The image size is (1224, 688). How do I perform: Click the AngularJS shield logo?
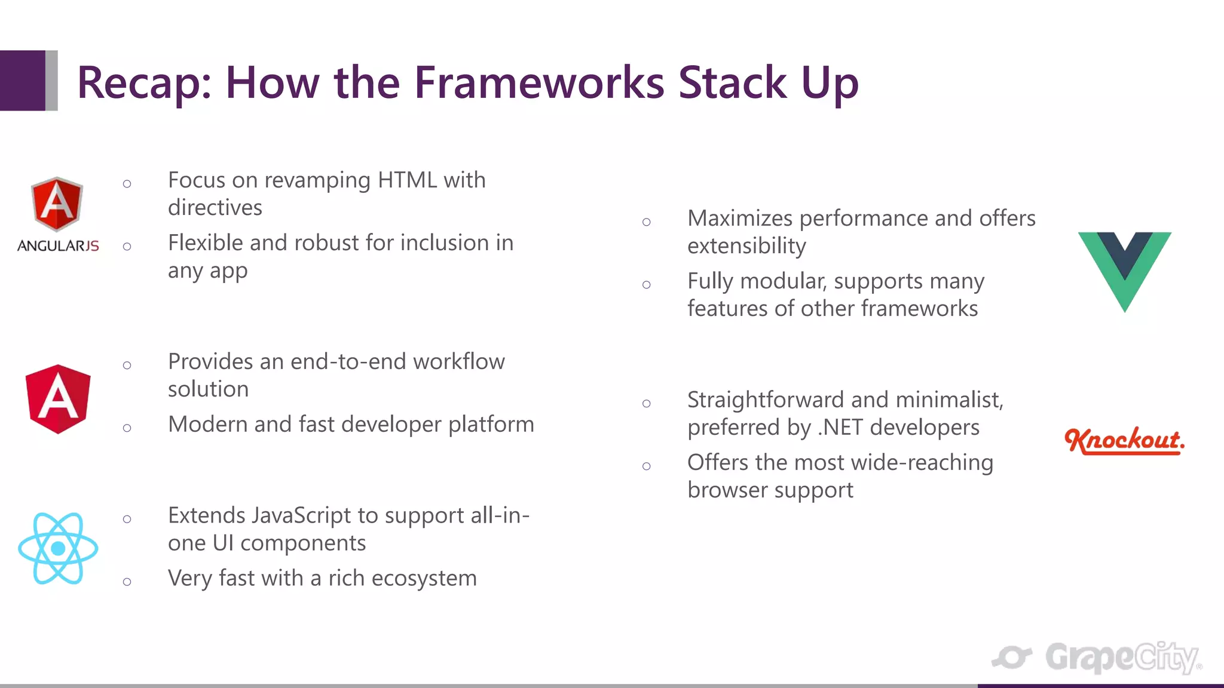[57, 204]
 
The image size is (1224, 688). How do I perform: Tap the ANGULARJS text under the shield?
[58, 246]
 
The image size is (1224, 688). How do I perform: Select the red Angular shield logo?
[58, 399]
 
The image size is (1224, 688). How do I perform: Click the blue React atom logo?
[58, 548]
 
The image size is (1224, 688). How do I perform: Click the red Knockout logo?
[1124, 441]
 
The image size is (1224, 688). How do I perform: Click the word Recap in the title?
[143, 84]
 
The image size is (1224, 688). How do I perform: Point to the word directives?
[215, 208]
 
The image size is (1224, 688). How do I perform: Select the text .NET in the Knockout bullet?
[840, 428]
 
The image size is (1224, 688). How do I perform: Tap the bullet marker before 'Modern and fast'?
[127, 428]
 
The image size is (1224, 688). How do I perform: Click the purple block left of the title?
[22, 81]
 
